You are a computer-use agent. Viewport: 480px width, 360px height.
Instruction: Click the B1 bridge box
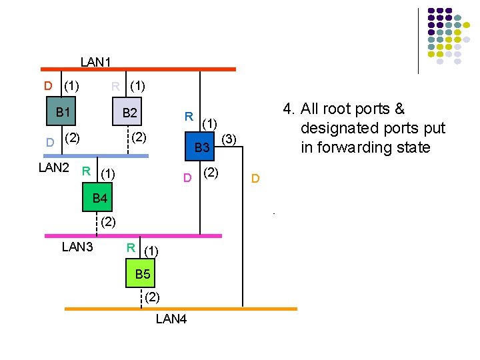(x=63, y=112)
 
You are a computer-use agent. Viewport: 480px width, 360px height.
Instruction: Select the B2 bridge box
(x=129, y=113)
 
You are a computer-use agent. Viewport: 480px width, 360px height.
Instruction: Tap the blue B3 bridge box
(x=202, y=147)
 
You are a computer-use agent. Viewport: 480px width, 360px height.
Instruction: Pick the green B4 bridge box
(x=100, y=198)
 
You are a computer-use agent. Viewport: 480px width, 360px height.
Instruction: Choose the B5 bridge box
(x=143, y=274)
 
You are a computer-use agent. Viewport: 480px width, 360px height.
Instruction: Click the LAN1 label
(x=95, y=62)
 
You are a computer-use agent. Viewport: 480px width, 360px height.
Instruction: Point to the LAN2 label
(x=54, y=167)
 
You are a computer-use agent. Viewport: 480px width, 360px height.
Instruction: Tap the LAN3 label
(x=77, y=247)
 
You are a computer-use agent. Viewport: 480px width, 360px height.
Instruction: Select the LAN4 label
(x=171, y=319)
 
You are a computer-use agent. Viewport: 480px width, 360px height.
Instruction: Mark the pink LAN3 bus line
(x=133, y=235)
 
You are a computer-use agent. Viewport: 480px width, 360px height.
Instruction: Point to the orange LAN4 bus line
(x=180, y=309)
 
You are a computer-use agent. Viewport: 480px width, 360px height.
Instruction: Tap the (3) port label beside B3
(x=229, y=139)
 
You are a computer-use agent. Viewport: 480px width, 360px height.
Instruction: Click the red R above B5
(x=131, y=248)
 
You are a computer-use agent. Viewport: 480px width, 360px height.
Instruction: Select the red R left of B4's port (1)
(x=86, y=170)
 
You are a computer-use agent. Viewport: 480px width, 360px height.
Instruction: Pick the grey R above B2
(x=115, y=85)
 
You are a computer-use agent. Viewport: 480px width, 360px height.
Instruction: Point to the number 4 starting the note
(x=287, y=109)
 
